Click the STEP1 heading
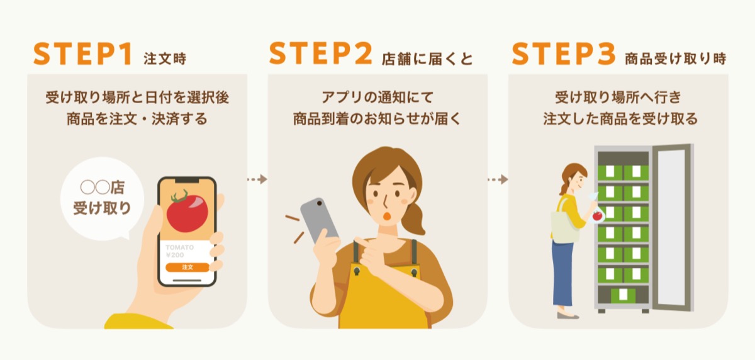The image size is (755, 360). point(82,54)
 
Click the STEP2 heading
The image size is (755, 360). point(320,54)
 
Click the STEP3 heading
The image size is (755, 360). point(564,54)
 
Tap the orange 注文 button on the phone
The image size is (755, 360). point(187,267)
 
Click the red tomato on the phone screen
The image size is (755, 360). point(187,212)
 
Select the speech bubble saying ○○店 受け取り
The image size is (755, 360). point(102,199)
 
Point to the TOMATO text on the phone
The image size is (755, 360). point(180,247)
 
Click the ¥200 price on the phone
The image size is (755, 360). point(175,255)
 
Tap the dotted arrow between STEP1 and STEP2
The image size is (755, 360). point(257,179)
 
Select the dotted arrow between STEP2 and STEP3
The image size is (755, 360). point(498,179)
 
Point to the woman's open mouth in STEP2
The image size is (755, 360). point(388,217)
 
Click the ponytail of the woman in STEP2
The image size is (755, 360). point(414,219)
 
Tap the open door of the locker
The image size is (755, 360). point(673,228)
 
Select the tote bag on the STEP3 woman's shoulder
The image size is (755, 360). point(564,226)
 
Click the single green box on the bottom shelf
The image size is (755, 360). point(623,295)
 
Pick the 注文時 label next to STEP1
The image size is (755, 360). point(165,59)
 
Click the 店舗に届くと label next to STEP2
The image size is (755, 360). point(427,59)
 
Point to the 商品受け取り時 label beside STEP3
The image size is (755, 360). point(676,59)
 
